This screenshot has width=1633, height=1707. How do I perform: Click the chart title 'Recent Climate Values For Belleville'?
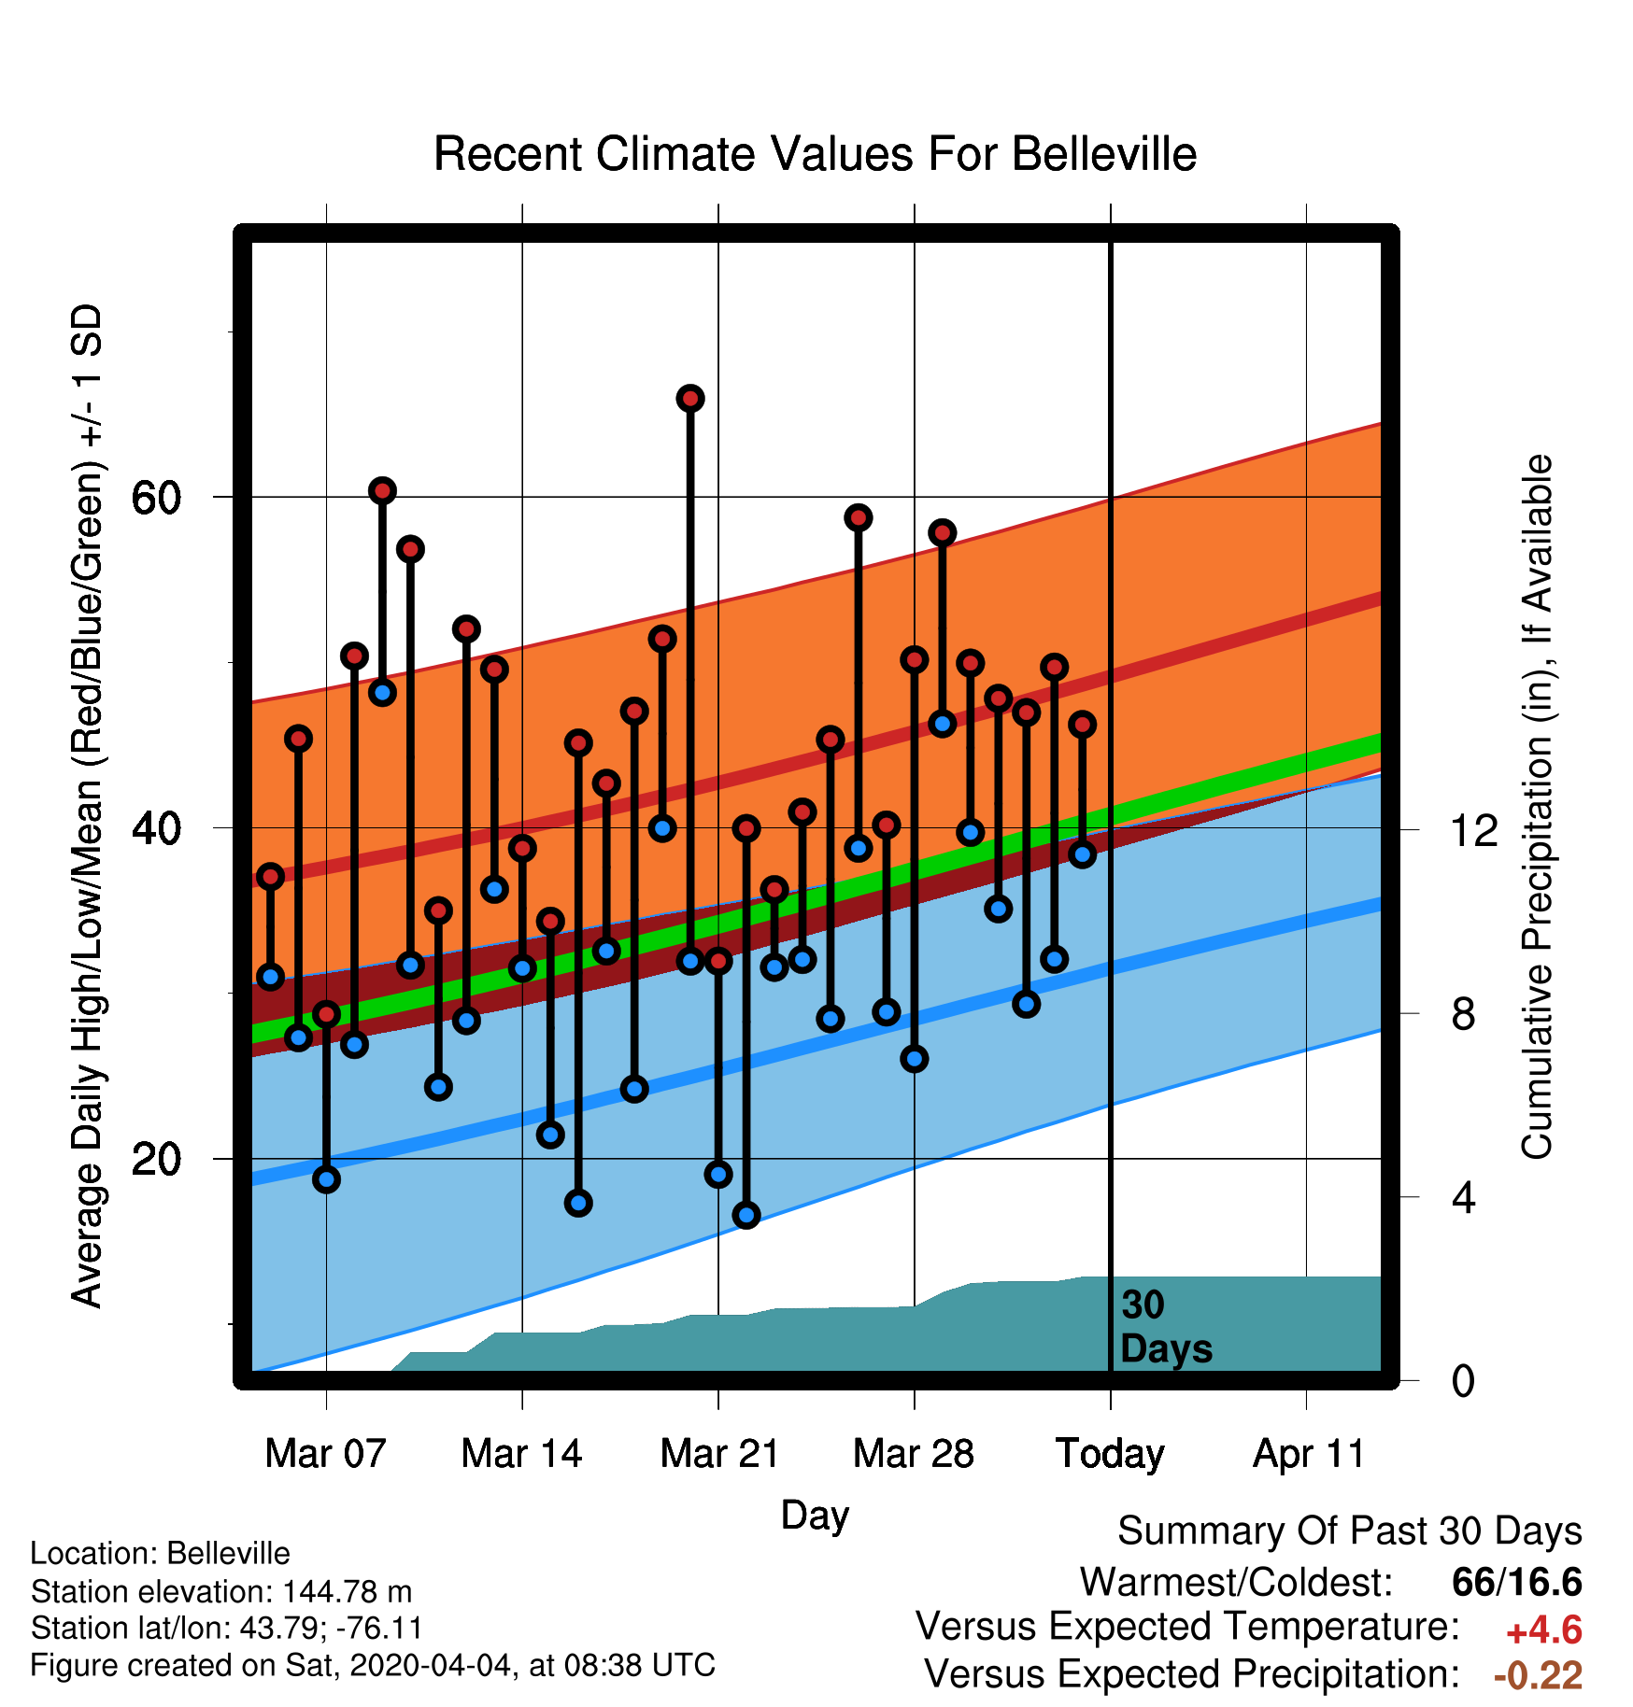tap(815, 154)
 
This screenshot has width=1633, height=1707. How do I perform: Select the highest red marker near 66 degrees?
tap(690, 399)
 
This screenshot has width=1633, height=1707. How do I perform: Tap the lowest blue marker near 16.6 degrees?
tap(746, 1215)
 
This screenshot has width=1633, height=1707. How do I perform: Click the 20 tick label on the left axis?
tap(156, 1159)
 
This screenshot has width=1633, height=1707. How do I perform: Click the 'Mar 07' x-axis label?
tap(325, 1453)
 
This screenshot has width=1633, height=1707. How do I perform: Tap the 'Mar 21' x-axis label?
tap(719, 1453)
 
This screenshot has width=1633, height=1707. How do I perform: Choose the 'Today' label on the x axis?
tap(1110, 1454)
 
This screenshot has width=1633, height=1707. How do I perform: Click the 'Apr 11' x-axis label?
tap(1308, 1454)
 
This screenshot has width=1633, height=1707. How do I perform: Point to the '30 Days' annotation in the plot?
tap(1166, 1327)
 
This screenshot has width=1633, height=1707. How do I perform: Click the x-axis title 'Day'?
tap(815, 1515)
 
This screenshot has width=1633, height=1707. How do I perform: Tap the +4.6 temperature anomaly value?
tap(1543, 1630)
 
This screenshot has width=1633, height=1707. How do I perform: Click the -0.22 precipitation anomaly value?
tap(1538, 1675)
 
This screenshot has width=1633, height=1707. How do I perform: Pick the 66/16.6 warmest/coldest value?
tap(1517, 1582)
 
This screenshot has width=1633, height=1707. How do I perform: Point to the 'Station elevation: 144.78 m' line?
tap(221, 1591)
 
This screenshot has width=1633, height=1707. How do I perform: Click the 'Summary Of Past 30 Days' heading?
tap(1350, 1531)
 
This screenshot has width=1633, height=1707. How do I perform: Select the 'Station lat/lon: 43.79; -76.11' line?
tap(227, 1629)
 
